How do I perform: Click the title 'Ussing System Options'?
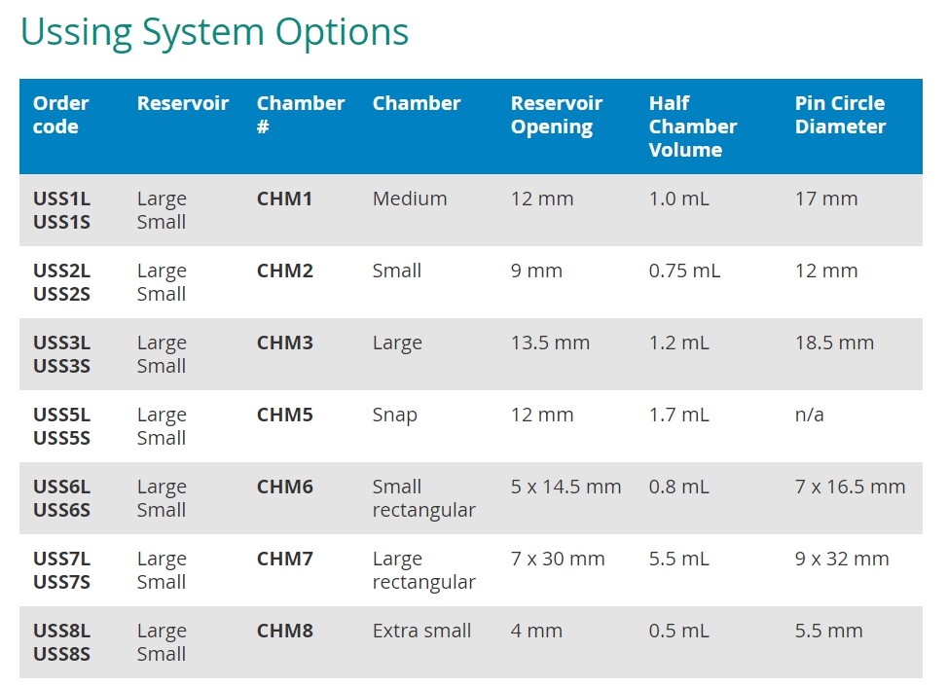pyautogui.click(x=215, y=33)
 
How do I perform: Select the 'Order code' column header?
pyautogui.click(x=61, y=115)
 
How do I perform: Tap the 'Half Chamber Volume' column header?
pyautogui.click(x=693, y=127)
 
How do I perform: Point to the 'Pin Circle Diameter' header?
pyautogui.click(x=840, y=115)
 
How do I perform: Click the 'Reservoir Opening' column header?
pyautogui.click(x=557, y=115)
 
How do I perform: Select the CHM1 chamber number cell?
pyautogui.click(x=285, y=199)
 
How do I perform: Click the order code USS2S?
pyautogui.click(x=61, y=294)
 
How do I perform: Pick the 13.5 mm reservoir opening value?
pyautogui.click(x=550, y=343)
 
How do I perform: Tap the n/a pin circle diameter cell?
pyautogui.click(x=810, y=416)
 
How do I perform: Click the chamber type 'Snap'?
pyautogui.click(x=395, y=416)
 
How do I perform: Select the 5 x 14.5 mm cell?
pyautogui.click(x=565, y=487)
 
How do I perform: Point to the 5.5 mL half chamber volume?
pyautogui.click(x=679, y=559)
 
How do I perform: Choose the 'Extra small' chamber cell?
pyautogui.click(x=422, y=631)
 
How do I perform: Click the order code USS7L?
pyautogui.click(x=61, y=559)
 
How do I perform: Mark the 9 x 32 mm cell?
pyautogui.click(x=842, y=559)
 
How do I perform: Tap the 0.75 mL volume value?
pyautogui.click(x=684, y=271)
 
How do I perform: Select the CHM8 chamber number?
pyautogui.click(x=285, y=631)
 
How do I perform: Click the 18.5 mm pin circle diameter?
pyautogui.click(x=834, y=343)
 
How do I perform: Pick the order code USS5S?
pyautogui.click(x=61, y=438)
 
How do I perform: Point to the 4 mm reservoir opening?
pyautogui.click(x=536, y=631)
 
